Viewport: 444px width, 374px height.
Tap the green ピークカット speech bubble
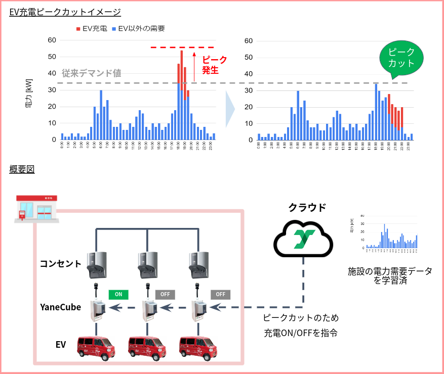click(x=400, y=58)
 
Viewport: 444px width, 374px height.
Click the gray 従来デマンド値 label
click(x=92, y=73)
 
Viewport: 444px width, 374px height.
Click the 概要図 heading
click(x=22, y=169)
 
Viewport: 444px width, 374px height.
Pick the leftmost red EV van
click(x=96, y=348)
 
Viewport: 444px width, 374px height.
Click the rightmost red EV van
click(x=199, y=348)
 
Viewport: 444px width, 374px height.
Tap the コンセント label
click(x=61, y=263)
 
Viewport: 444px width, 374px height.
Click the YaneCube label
click(x=61, y=307)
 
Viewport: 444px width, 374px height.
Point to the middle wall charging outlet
click(x=147, y=265)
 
